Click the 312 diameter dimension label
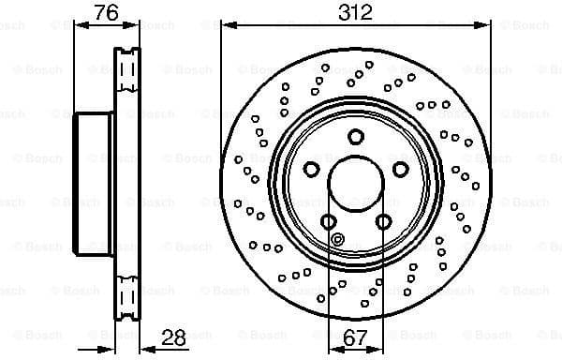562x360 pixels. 355,13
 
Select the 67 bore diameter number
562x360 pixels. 355,336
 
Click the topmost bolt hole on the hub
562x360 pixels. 355,137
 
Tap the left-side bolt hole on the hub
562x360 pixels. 310,169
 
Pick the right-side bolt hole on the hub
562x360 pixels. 400,169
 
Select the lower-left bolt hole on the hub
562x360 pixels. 328,221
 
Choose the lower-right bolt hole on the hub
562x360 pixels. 382,221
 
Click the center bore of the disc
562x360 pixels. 355,183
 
